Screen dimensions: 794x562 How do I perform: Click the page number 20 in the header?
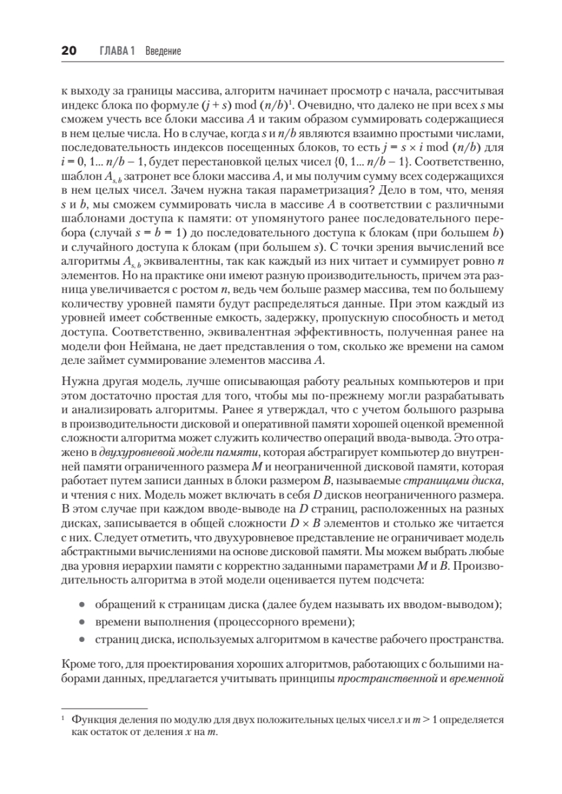click(69, 51)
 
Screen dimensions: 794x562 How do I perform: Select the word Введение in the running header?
click(164, 51)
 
